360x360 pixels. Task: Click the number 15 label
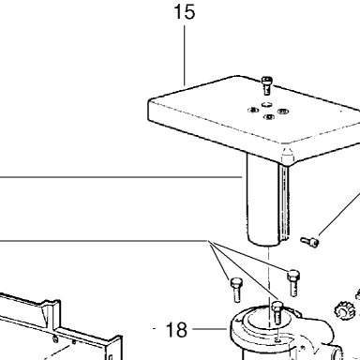point(185,12)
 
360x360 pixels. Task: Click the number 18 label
point(176,329)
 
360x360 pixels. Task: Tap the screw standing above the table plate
point(266,85)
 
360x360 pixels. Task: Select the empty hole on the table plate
point(266,103)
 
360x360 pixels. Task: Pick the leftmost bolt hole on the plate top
point(253,110)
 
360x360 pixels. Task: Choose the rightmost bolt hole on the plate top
point(283,112)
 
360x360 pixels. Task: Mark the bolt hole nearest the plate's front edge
point(269,117)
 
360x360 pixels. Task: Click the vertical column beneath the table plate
point(267,199)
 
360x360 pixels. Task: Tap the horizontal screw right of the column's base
point(309,241)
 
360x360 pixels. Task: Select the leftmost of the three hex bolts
point(235,290)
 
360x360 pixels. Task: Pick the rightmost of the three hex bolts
point(292,283)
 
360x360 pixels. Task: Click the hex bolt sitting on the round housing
point(277,312)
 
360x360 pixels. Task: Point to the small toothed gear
point(345,309)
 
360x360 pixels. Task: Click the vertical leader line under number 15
point(184,55)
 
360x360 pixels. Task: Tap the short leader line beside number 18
point(209,329)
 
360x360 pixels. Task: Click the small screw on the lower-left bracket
point(55,338)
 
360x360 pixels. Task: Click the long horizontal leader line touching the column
point(121,177)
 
